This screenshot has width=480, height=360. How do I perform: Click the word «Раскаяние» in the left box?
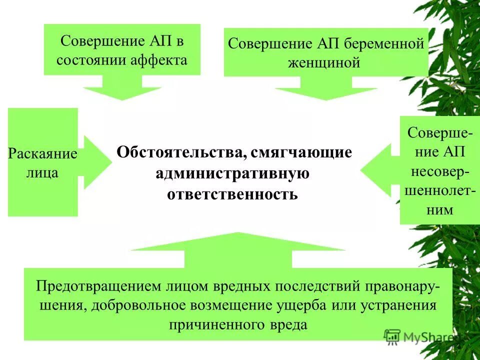click(42, 153)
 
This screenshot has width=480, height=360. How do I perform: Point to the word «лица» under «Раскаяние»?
click(42, 173)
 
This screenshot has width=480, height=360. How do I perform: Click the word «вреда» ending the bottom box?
click(287, 324)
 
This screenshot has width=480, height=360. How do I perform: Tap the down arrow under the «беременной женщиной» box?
click(325, 90)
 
